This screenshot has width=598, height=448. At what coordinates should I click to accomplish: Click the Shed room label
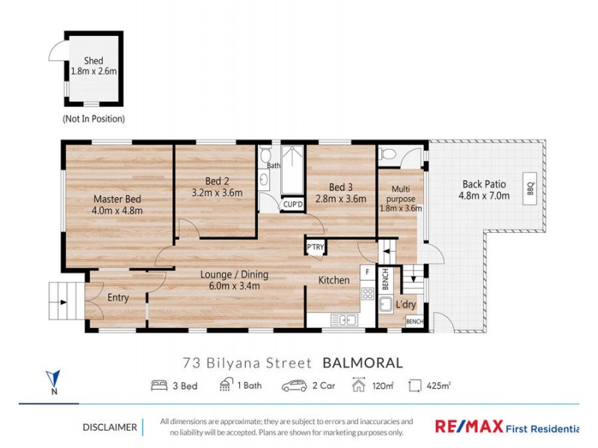tap(93, 60)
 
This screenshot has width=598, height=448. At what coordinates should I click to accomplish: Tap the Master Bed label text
tap(117, 199)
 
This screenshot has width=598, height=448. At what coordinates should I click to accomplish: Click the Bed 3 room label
tap(340, 187)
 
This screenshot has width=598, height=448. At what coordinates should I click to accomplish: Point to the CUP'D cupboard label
tap(292, 204)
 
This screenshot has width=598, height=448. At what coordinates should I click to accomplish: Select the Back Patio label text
tap(484, 184)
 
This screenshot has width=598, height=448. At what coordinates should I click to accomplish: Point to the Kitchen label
tap(333, 280)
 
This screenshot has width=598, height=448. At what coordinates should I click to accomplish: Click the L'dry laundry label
tap(406, 305)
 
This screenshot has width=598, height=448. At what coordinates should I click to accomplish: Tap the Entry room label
tap(117, 298)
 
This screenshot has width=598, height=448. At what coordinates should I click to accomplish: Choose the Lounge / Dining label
tap(234, 274)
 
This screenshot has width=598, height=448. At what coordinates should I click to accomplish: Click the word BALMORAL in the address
tap(363, 364)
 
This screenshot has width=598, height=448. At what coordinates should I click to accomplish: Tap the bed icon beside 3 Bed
tap(158, 386)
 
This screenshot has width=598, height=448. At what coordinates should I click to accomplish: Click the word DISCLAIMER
tap(109, 427)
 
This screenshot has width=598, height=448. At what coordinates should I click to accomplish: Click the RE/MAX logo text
tap(468, 426)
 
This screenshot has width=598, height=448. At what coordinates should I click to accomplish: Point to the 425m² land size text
tap(437, 386)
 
